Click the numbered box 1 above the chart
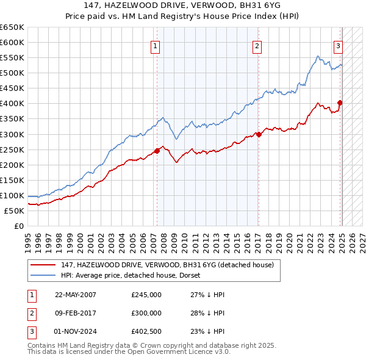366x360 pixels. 155,46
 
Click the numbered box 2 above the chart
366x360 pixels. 257,46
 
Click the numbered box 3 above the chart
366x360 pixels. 338,46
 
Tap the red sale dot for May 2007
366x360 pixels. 157,150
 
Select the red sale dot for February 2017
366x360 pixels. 259,134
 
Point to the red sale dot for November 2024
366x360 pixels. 340,103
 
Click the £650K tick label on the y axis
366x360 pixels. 12,27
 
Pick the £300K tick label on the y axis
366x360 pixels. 12,134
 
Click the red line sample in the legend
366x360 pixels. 43,265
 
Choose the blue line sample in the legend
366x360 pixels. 43,275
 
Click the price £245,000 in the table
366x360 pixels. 146,295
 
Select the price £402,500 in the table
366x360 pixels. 146,331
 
